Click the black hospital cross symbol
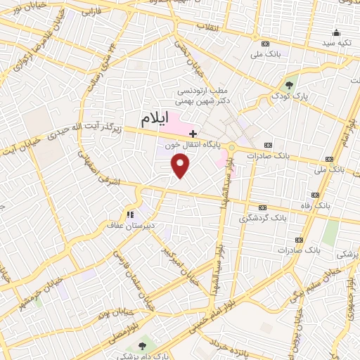pos(193,133)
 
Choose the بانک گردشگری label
pos(260,219)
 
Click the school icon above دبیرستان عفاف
pos(129,214)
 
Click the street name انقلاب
pos(208,27)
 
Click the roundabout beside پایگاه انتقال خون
pos(231,147)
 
